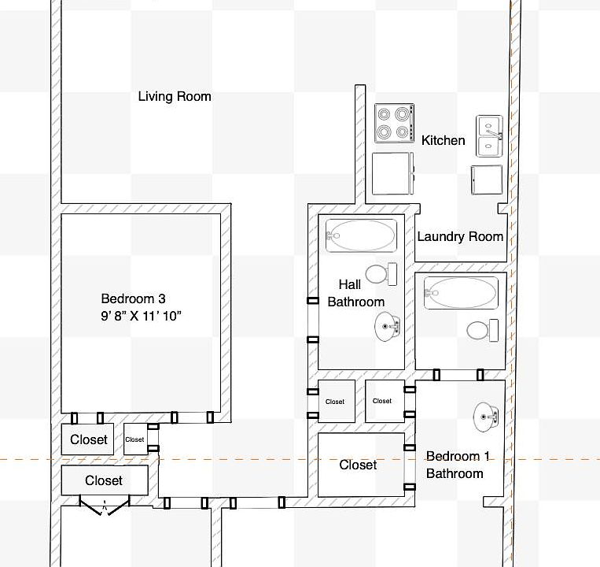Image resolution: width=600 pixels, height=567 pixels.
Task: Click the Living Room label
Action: tap(175, 97)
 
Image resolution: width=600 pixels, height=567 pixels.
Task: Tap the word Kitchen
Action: tap(444, 140)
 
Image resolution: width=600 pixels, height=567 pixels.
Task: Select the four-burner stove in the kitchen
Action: tap(394, 123)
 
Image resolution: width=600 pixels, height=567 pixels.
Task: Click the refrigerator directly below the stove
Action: tap(392, 174)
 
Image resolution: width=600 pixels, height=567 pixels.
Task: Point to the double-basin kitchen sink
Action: tap(489, 135)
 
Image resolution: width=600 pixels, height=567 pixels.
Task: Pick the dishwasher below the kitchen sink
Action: tap(486, 180)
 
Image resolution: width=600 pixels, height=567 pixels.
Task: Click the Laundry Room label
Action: tap(460, 236)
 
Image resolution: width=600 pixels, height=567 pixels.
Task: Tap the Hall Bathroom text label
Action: tap(355, 293)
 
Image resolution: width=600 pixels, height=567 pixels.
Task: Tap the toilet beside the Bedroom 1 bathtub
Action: tap(483, 329)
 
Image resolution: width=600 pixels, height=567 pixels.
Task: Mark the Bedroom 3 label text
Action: tap(134, 298)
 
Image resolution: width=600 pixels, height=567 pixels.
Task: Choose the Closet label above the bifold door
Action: tap(104, 480)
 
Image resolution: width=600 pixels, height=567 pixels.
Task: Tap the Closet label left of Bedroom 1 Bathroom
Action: tap(358, 465)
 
